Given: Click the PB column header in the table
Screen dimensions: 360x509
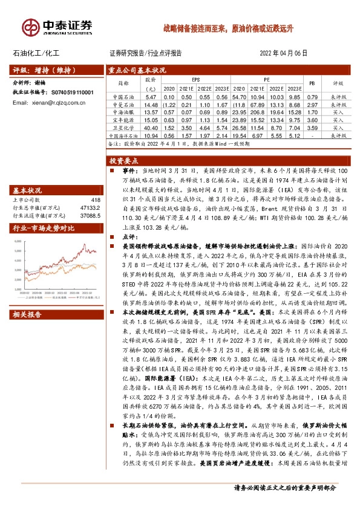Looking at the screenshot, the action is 312,83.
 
